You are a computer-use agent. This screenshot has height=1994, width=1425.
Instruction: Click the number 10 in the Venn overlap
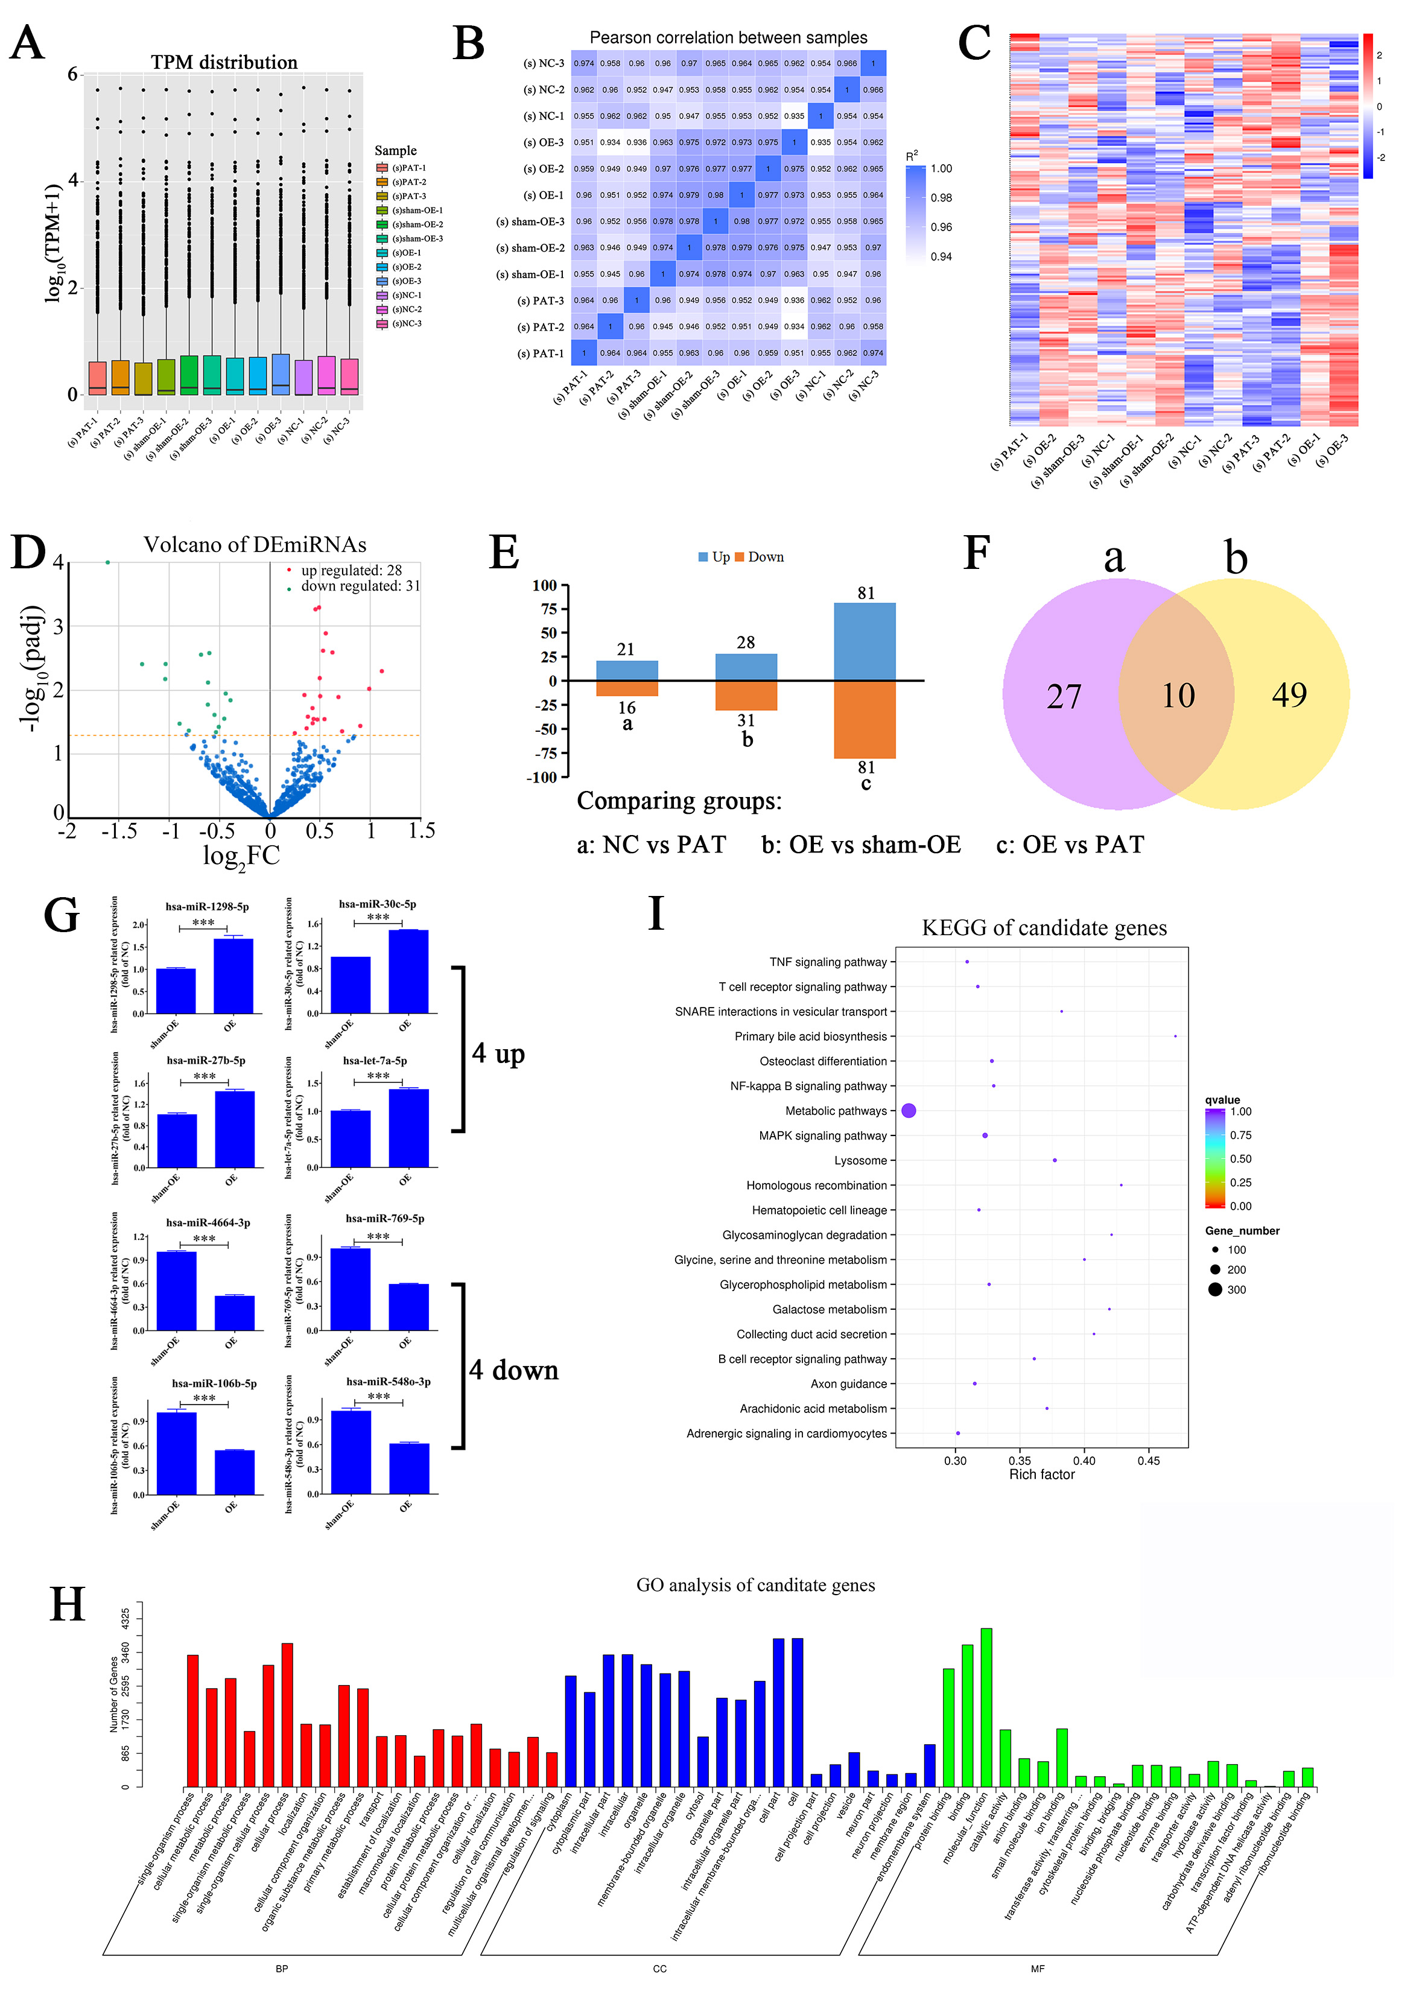tap(1178, 696)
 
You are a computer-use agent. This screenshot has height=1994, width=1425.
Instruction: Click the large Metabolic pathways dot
tap(909, 1111)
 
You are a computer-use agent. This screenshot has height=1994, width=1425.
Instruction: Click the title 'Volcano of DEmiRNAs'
tap(255, 545)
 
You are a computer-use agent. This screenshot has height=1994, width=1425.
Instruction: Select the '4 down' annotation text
tap(513, 1370)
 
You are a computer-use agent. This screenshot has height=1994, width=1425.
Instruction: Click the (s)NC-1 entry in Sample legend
tap(406, 296)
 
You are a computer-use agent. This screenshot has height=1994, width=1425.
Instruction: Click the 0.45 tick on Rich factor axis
tap(1149, 1461)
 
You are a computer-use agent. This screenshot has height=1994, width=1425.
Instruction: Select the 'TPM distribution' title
tap(224, 62)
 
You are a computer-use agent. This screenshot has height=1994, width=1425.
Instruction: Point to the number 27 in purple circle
tap(1064, 696)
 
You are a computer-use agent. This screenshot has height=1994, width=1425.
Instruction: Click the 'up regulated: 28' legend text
tap(351, 570)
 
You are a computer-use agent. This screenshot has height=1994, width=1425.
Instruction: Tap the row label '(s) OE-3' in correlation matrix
tap(543, 142)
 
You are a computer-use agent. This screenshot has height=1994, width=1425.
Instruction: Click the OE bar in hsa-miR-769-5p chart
tap(409, 1307)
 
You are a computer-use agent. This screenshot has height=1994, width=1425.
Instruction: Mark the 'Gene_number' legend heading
tap(1242, 1231)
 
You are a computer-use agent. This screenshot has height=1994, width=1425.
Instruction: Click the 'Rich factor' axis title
tap(1041, 1475)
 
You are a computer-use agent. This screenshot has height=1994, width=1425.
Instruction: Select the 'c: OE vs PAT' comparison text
tap(1070, 845)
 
